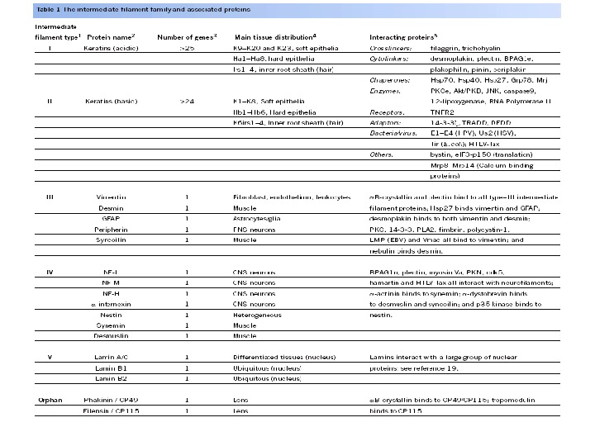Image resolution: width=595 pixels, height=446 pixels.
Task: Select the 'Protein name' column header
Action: pyautogui.click(x=114, y=37)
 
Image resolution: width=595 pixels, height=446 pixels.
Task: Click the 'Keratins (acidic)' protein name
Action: pyautogui.click(x=116, y=48)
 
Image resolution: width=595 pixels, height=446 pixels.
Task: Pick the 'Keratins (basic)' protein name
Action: pyautogui.click(x=116, y=101)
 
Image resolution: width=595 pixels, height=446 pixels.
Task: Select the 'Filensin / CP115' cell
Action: pyautogui.click(x=116, y=410)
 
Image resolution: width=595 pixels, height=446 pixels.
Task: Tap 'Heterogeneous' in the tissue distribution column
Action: pyautogui.click(x=257, y=315)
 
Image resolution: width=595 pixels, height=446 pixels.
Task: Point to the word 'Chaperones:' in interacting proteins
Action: pyautogui.click(x=389, y=80)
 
